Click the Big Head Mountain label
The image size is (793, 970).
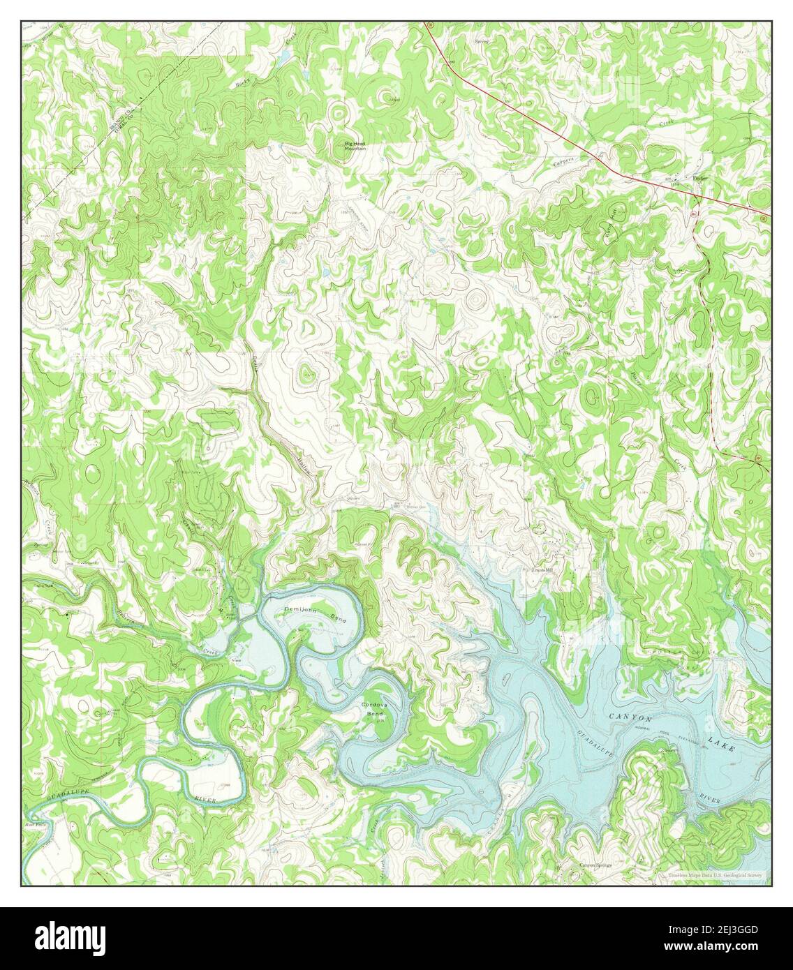point(355,146)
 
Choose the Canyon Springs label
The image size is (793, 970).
point(595,865)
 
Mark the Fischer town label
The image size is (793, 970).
point(699,177)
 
